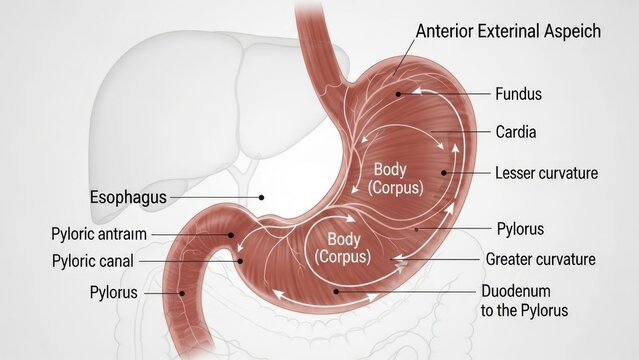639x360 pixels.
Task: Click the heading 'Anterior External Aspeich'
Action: click(508, 31)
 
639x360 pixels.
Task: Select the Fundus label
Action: click(518, 95)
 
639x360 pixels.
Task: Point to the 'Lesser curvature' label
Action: click(546, 173)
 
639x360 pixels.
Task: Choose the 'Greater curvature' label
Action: click(540, 259)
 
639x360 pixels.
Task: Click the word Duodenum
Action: click(515, 291)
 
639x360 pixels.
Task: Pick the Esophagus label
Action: click(128, 197)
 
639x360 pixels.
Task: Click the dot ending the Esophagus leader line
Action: click(261, 198)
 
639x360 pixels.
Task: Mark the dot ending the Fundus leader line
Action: click(399, 94)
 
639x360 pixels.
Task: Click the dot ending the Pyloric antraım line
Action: click(231, 235)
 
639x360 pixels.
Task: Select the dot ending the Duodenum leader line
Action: click(337, 291)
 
